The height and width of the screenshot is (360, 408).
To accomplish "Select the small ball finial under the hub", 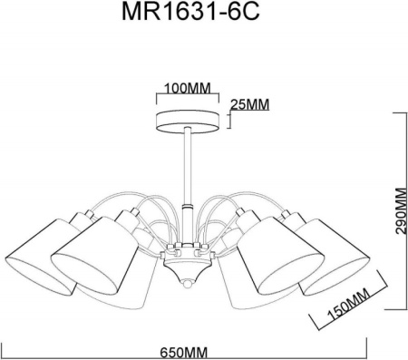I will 188,284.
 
